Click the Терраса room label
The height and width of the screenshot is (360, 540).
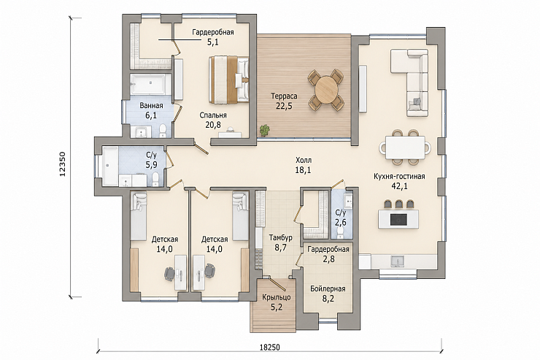[x=284, y=96]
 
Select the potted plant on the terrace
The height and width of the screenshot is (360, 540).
[x=264, y=130]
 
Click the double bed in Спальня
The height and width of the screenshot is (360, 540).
[x=228, y=80]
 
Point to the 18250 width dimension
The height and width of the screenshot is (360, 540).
[x=269, y=348]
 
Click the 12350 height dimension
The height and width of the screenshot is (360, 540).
[x=62, y=164]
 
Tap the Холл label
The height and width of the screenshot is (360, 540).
[x=304, y=160]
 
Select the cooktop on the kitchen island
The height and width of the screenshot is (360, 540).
[x=398, y=219]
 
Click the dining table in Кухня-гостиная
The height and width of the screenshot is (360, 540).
[x=405, y=147]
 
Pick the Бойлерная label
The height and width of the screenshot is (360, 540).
[x=328, y=288]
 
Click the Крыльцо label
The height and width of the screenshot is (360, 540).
[x=276, y=297]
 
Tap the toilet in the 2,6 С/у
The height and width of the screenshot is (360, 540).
[x=342, y=232]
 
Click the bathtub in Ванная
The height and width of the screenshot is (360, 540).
[x=150, y=83]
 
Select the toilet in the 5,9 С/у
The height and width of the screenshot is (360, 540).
[x=155, y=179]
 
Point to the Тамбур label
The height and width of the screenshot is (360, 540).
[x=281, y=238]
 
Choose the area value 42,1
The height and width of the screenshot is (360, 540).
[x=399, y=186]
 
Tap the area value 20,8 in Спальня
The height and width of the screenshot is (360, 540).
[x=213, y=125]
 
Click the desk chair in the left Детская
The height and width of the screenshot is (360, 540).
[x=169, y=274]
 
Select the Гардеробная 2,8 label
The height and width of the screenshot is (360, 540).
[x=328, y=254]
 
